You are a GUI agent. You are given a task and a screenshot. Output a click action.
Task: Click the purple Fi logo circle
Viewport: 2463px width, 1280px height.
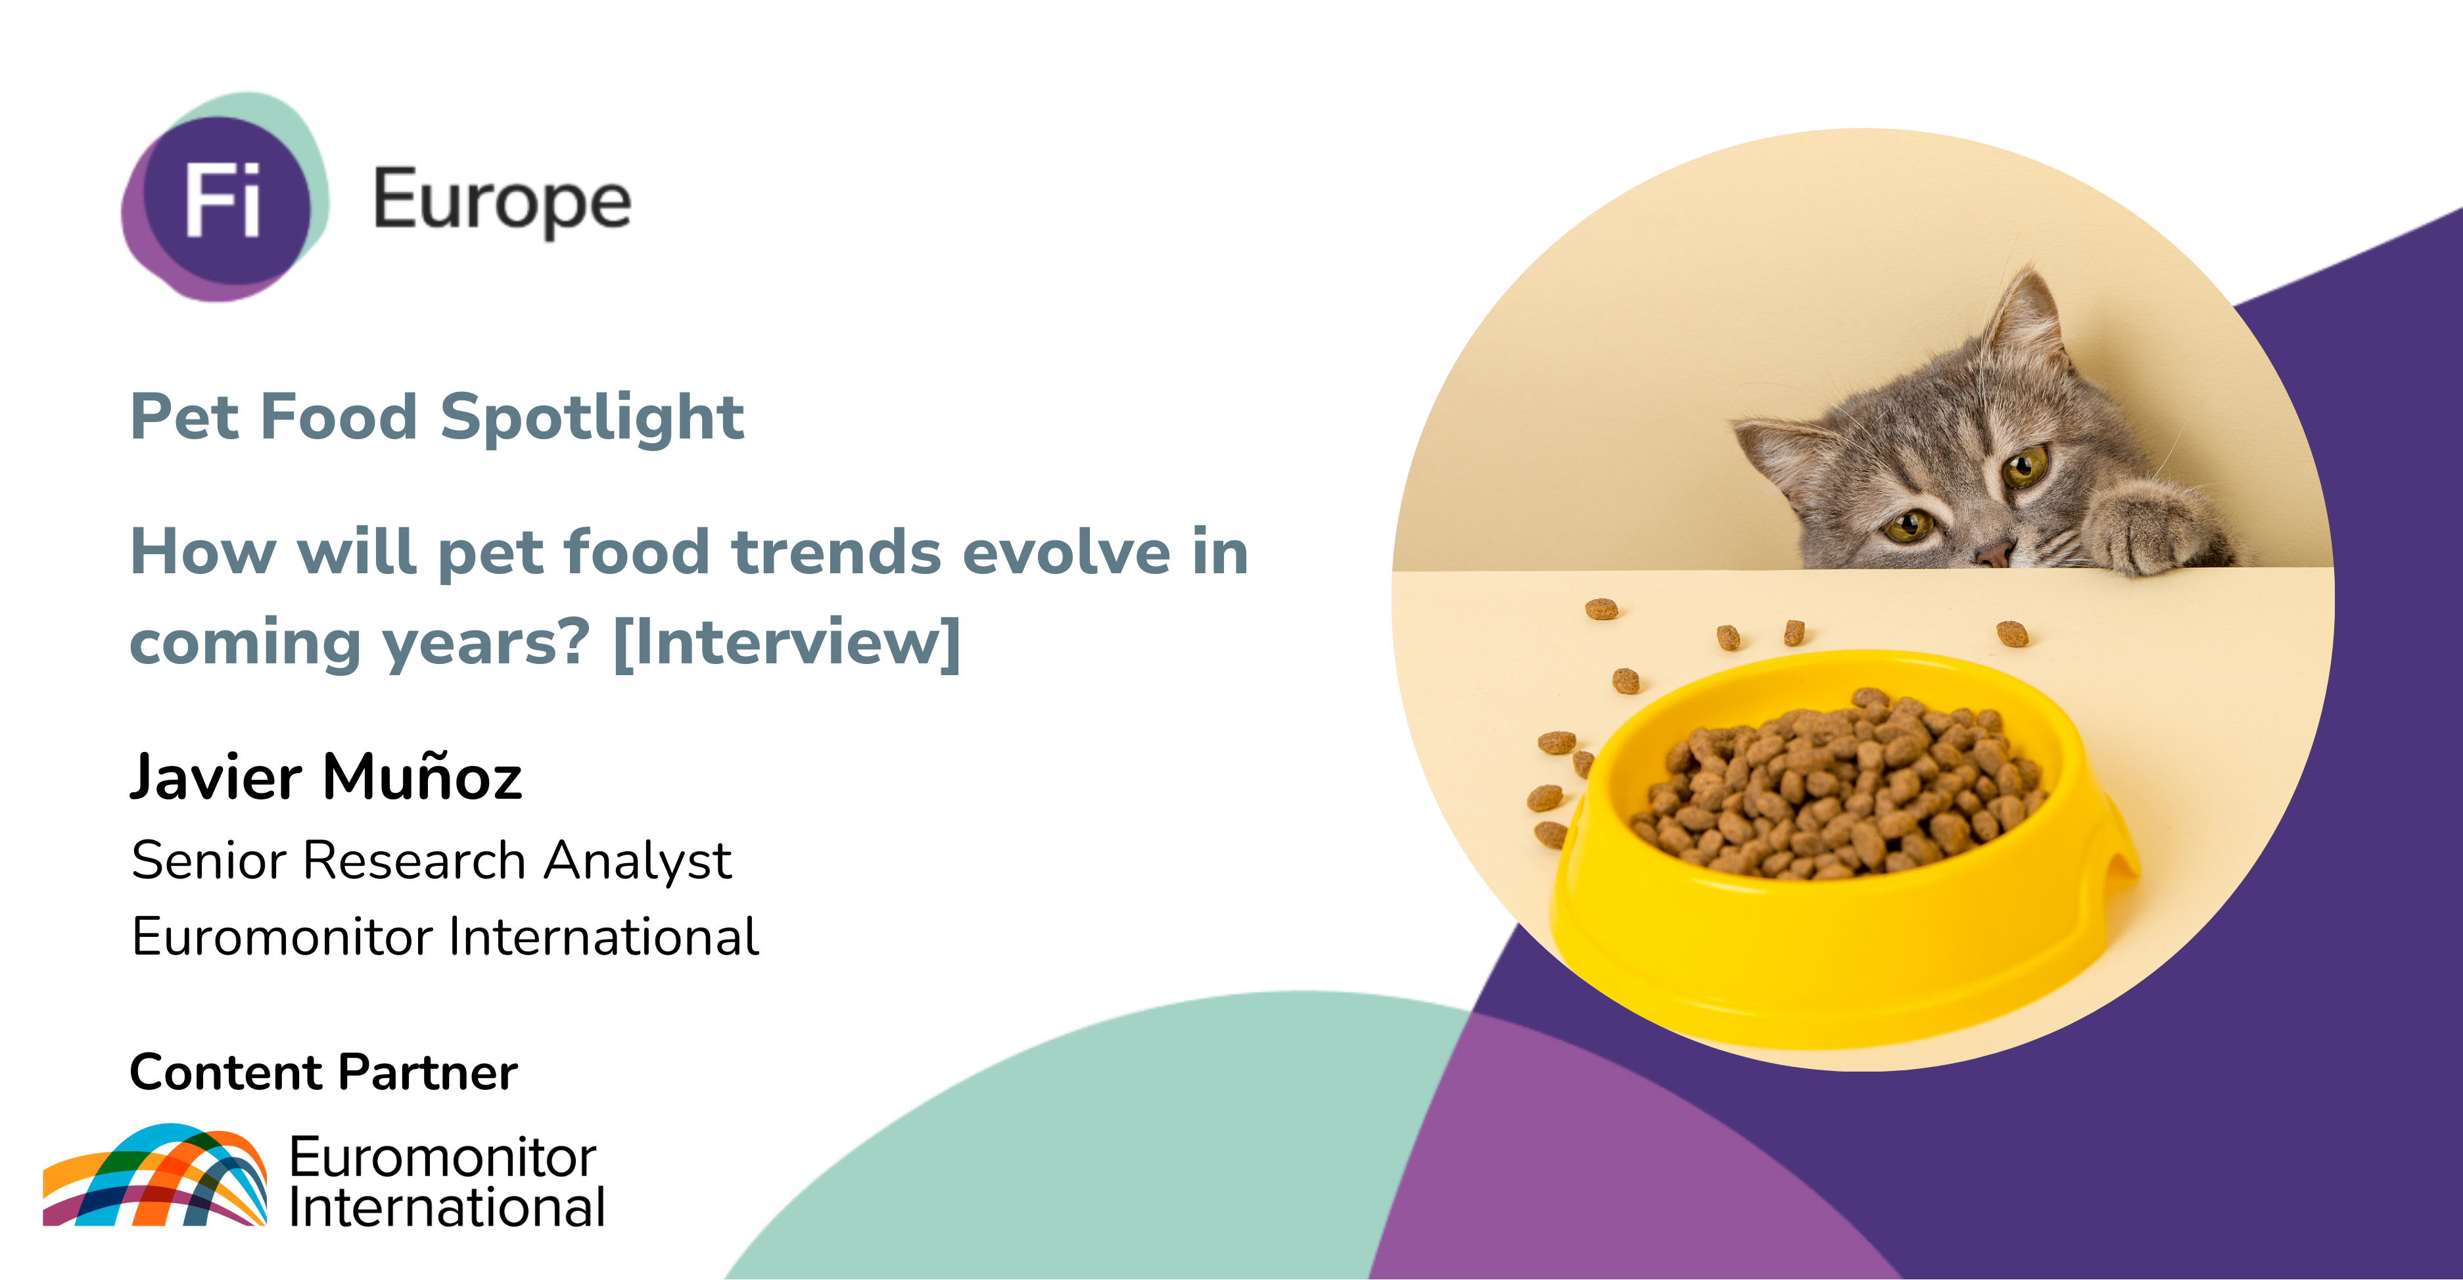tap(227, 200)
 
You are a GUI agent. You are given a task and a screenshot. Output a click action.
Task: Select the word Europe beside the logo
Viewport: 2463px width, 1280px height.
tap(502, 201)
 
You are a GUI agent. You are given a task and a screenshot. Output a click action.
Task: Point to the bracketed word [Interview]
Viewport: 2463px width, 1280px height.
tap(787, 642)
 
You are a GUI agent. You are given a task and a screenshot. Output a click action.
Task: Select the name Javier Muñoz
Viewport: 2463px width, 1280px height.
tap(326, 776)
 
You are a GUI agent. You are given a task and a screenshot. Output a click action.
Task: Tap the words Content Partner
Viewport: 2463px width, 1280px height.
tap(323, 1072)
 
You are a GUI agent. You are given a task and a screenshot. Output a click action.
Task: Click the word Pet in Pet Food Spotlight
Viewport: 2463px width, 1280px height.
tap(185, 417)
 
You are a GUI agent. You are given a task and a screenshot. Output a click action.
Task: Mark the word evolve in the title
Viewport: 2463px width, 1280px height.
tap(1064, 552)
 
